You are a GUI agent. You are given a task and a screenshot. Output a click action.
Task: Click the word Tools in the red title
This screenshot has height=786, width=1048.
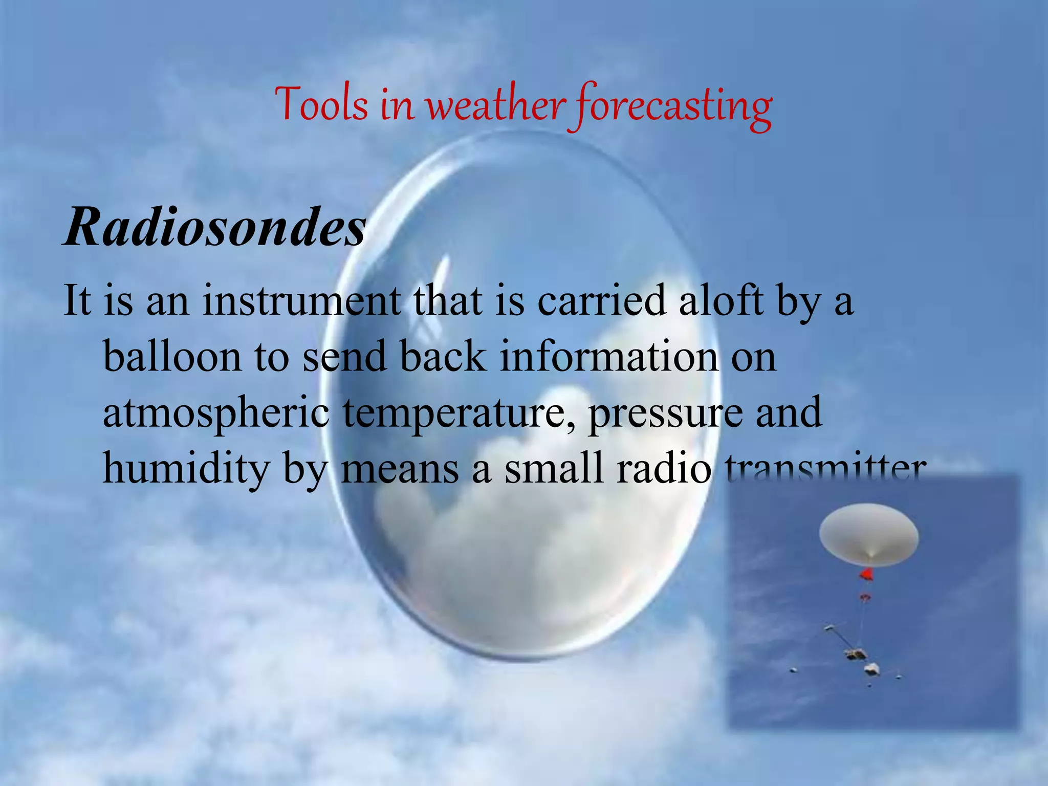coord(321,105)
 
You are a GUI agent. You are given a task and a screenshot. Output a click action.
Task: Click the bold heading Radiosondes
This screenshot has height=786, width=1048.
coord(215,227)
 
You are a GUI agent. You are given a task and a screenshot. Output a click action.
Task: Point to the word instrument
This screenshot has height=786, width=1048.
coord(302,300)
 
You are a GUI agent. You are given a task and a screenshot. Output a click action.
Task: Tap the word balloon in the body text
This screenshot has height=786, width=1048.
coord(172,357)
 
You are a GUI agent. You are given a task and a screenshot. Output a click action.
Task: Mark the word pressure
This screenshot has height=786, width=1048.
coord(665,413)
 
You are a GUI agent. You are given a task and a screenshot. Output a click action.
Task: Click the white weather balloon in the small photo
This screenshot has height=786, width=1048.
coord(868,535)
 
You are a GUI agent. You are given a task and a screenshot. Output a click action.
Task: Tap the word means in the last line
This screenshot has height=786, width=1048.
coord(400,470)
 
